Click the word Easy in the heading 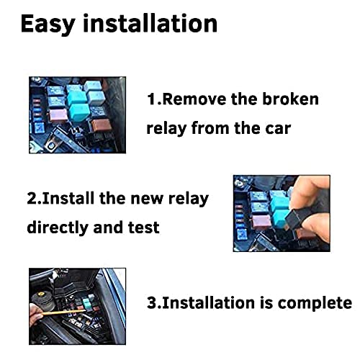(48, 24)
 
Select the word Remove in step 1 (194, 99)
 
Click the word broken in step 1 (290, 99)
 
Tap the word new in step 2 (147, 199)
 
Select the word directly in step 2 (57, 228)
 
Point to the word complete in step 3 (315, 303)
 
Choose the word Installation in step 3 (208, 302)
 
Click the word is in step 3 (266, 302)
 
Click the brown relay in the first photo (102, 125)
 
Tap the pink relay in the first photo (58, 115)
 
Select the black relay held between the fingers (295, 219)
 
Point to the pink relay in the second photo (262, 222)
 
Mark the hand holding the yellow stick (35, 315)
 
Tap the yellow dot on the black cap (39, 294)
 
